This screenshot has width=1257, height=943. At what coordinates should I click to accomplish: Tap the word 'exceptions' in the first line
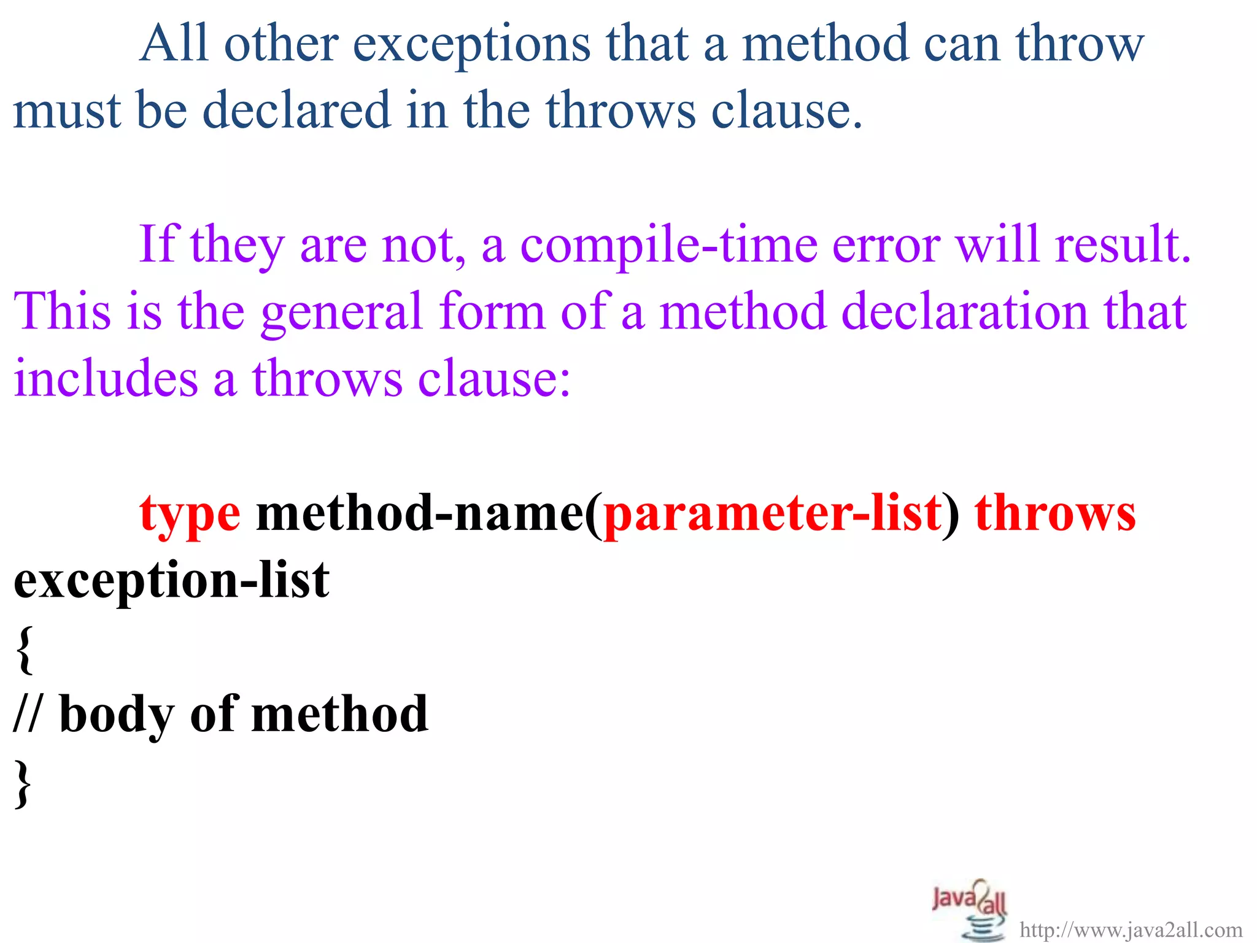[471, 44]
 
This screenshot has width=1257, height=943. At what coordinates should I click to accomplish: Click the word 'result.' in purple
[1123, 244]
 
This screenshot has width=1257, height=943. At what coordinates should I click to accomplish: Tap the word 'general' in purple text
[342, 312]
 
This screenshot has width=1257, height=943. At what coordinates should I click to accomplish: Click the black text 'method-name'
[420, 513]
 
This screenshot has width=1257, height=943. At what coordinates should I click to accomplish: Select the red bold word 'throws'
[1055, 513]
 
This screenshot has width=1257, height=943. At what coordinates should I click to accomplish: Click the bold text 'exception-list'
[171, 580]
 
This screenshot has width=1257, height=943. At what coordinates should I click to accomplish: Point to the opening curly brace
[24, 649]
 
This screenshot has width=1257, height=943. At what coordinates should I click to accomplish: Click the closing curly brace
[23, 783]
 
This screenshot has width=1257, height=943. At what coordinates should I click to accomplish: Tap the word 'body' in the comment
[117, 715]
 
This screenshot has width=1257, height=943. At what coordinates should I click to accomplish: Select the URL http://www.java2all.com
[1131, 930]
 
